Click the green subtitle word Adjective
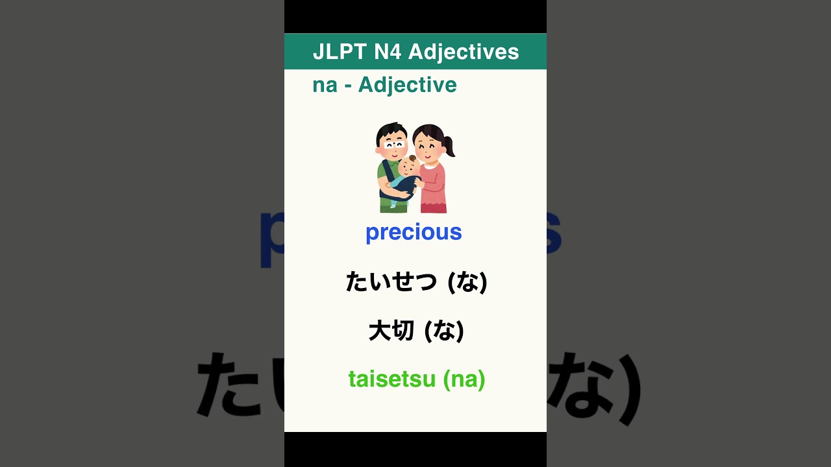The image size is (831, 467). coord(407,85)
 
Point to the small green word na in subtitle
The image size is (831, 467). coord(325,85)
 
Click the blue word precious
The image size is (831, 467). coord(414,232)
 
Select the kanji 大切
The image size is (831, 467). coord(391,331)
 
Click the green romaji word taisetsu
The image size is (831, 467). coord(391,379)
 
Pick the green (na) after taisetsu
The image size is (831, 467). coord(464,379)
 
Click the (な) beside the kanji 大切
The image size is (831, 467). coord(444,331)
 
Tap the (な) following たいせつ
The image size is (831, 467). coord(467,282)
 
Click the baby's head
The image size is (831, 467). coord(410,167)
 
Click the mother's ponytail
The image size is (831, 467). coord(449,146)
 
